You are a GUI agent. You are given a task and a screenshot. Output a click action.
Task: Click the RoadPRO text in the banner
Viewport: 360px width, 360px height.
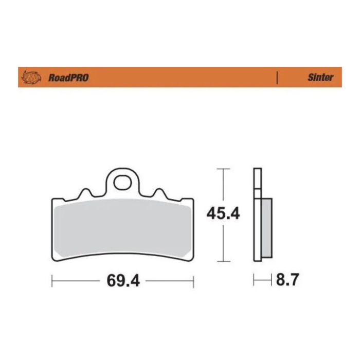point(68,78)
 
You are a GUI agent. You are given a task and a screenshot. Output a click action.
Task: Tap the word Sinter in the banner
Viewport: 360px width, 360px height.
point(320,78)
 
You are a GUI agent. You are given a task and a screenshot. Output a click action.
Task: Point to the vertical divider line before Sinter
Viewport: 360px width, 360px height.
point(278,78)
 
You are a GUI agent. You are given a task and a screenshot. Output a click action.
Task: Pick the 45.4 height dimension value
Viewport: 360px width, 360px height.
point(223,213)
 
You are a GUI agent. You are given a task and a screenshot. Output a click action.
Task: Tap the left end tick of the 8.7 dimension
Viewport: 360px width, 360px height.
point(255,281)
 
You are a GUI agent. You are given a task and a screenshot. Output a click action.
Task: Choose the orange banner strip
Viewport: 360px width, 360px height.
point(180,78)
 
